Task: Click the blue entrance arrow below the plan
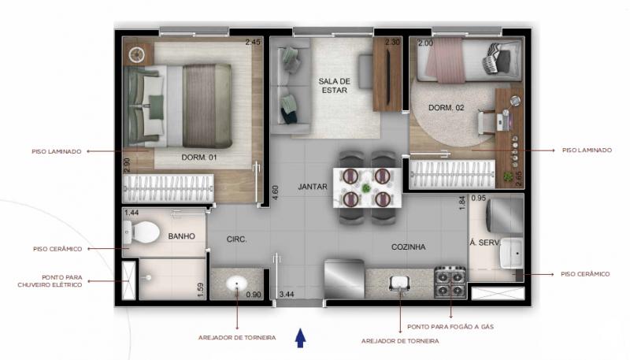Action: [x=300, y=338]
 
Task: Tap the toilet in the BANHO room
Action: [x=141, y=232]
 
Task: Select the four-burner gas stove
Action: [x=450, y=283]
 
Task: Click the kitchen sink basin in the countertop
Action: [x=400, y=284]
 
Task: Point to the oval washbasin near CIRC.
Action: [x=237, y=284]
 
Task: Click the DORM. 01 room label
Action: [x=199, y=158]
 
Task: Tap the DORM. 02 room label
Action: [x=446, y=108]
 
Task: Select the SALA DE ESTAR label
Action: [x=334, y=86]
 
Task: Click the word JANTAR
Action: [x=313, y=187]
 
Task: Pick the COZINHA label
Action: [x=408, y=247]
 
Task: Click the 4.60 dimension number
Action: [x=275, y=192]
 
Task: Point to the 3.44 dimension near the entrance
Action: [x=287, y=294]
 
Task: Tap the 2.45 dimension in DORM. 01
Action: [x=253, y=42]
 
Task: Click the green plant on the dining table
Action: [x=366, y=187]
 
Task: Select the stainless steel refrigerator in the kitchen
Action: [x=344, y=279]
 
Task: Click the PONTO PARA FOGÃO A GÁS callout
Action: [x=450, y=327]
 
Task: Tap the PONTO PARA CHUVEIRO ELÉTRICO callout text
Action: [x=50, y=281]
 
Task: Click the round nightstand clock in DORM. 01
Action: [x=136, y=54]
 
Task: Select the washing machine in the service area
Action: [x=505, y=215]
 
